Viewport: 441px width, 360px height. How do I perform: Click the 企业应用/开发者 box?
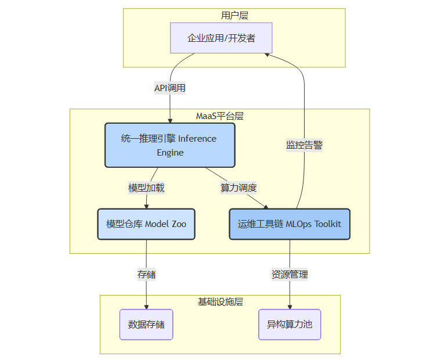pyautogui.click(x=221, y=38)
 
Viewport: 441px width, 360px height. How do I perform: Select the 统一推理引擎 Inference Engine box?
pyautogui.click(x=169, y=145)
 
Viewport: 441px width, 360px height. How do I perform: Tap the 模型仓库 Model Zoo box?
pyautogui.click(x=146, y=224)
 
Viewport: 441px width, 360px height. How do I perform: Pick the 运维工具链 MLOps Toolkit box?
pyautogui.click(x=290, y=224)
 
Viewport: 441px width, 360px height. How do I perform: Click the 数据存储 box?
pyautogui.click(x=146, y=324)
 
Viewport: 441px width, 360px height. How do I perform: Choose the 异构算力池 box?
pyautogui.click(x=290, y=324)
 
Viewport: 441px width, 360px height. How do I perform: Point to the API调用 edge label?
pyautogui.click(x=169, y=88)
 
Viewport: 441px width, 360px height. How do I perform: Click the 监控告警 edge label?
pyautogui.click(x=304, y=145)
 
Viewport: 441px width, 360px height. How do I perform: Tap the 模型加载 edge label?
pyautogui.click(x=146, y=188)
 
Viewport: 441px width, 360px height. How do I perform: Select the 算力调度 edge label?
pyautogui.click(x=238, y=188)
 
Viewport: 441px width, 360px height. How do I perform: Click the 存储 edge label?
pyautogui.click(x=146, y=274)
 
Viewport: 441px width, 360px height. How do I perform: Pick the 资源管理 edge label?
pyautogui.click(x=290, y=274)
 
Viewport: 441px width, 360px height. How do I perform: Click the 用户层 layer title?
pyautogui.click(x=234, y=15)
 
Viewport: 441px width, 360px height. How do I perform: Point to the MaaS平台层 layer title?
pyautogui.click(x=219, y=116)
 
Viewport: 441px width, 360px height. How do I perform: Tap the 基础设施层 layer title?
pyautogui.click(x=220, y=302)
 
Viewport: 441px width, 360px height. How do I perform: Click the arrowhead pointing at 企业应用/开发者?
pyautogui.click(x=267, y=53)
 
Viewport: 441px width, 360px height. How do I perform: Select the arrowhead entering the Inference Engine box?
pyautogui.click(x=169, y=120)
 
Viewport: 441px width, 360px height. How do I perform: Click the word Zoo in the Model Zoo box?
pyautogui.click(x=179, y=224)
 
